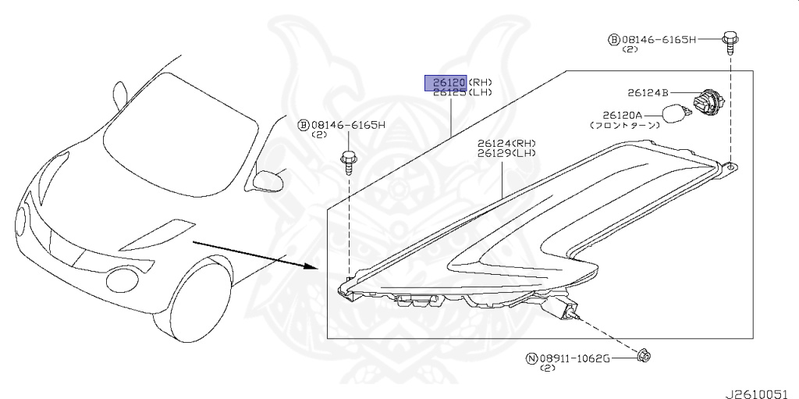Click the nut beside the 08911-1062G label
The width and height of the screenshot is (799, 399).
click(x=645, y=357)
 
